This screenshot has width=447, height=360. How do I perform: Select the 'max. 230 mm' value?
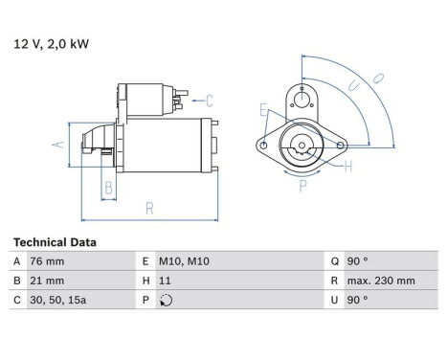tap(381, 281)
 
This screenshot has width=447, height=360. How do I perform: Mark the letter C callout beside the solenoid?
tap(209, 99)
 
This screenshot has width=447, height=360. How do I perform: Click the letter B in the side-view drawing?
tap(109, 188)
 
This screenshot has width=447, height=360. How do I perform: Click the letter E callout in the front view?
tap(263, 111)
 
